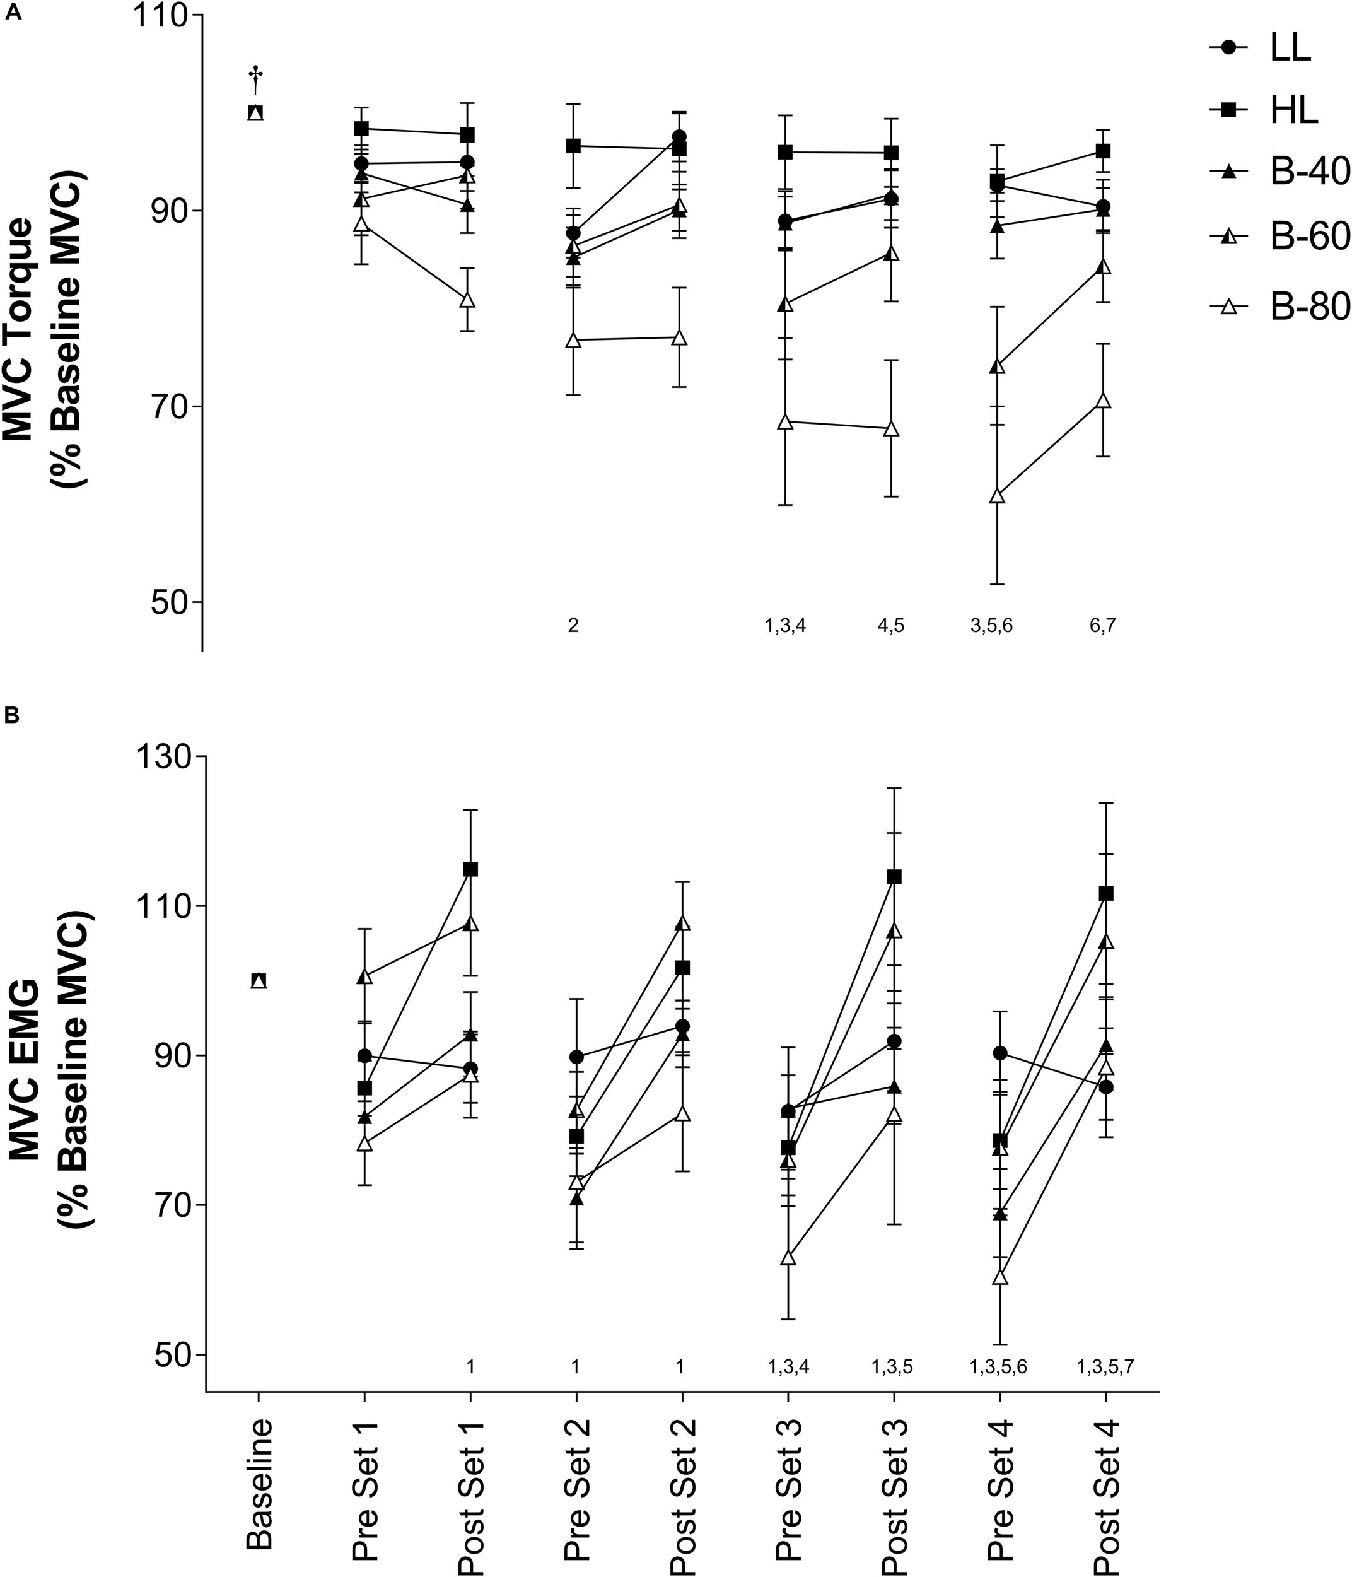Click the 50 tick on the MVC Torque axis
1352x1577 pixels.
click(x=169, y=601)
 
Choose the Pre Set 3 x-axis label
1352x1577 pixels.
click(x=788, y=1480)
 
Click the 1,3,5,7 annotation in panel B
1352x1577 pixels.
click(x=1105, y=1367)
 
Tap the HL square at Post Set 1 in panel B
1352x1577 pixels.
click(x=470, y=869)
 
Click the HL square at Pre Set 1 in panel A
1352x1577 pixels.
click(x=361, y=129)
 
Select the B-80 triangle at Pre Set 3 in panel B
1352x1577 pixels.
click(x=788, y=1259)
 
